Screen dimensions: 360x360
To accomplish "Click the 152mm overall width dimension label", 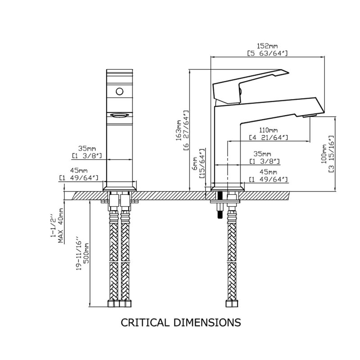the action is coord(267,46).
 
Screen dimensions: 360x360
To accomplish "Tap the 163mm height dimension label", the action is coord(179,130).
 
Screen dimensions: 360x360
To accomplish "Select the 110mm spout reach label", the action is coord(268,130).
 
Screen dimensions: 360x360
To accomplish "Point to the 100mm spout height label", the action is coord(324,153).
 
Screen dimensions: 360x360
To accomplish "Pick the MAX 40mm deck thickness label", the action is coord(61,225).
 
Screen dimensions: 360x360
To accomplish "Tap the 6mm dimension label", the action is coord(195,163).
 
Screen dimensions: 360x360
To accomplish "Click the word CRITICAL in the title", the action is coord(144,322).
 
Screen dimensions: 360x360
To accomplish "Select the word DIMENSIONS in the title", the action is coord(207,322).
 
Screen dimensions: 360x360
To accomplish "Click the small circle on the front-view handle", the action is coord(119,91).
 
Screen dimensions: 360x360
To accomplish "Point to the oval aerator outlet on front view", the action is coord(120,115).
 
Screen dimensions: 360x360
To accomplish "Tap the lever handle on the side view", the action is coord(250,86).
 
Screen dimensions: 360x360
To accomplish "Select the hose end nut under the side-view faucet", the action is coord(232,303).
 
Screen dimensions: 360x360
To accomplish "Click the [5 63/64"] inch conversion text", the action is coord(267,54).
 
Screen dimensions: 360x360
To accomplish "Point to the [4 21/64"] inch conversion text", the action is coord(268,138).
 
